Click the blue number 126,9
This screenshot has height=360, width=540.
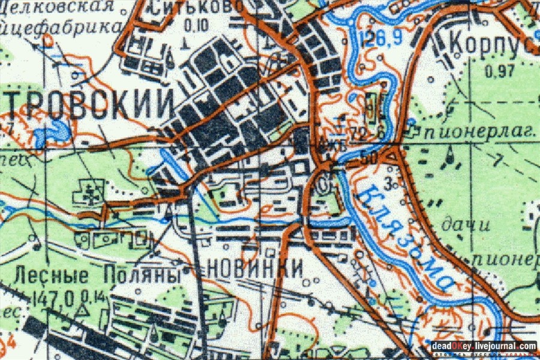(x=380, y=41)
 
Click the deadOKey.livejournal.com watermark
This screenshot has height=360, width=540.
(x=484, y=346)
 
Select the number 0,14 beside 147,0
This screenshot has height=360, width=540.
(x=89, y=296)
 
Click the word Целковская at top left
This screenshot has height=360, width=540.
(x=57, y=7)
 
